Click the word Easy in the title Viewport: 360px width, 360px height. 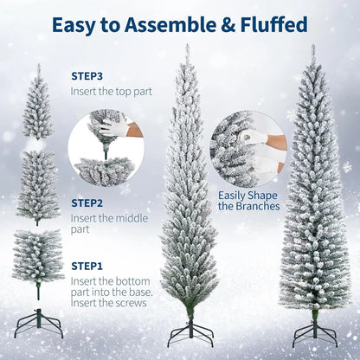tap(75, 25)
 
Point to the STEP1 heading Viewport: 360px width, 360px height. tap(87, 266)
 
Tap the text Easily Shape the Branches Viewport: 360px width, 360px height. tap(248, 201)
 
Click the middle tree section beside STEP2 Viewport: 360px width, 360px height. tap(37, 187)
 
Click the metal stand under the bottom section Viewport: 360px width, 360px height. tap(38, 326)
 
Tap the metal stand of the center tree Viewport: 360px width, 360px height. tap(189, 332)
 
